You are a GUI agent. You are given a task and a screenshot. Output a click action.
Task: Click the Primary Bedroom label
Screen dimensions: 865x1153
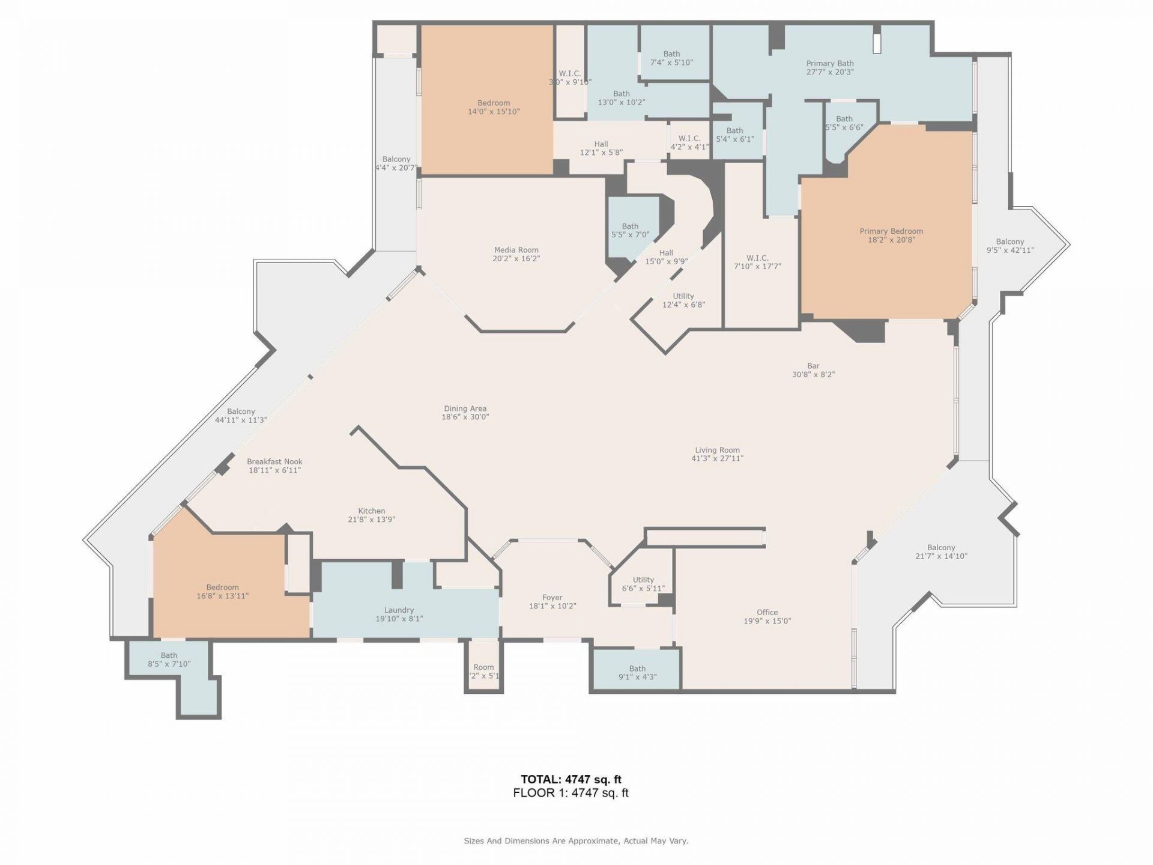tap(891, 231)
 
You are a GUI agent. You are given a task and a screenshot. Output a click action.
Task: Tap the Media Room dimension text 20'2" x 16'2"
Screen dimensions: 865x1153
tap(516, 259)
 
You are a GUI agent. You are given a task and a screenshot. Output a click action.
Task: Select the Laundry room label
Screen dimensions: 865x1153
tap(399, 610)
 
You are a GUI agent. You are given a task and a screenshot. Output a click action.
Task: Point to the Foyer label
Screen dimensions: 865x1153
tap(552, 598)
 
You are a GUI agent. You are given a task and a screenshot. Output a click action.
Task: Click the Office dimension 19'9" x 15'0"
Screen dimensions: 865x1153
tap(767, 621)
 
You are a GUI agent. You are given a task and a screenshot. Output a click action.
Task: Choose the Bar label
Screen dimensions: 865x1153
tap(813, 366)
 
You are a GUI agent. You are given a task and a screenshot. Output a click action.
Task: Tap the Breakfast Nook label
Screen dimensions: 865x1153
tap(274, 462)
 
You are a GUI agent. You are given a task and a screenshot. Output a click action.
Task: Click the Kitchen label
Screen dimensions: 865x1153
tap(371, 511)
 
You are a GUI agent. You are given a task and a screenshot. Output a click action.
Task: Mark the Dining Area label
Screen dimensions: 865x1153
tap(465, 409)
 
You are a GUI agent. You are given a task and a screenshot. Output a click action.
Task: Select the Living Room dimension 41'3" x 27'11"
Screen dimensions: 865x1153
tap(717, 458)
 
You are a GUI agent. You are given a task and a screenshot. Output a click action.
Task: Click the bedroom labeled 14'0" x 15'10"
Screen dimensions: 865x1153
tap(494, 107)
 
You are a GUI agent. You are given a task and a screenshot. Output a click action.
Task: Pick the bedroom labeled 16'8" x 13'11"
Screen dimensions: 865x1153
tap(222, 591)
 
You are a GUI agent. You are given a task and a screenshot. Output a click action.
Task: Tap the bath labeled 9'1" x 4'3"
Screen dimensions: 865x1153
tap(637, 672)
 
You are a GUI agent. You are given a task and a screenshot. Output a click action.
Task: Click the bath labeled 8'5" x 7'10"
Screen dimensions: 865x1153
tap(169, 660)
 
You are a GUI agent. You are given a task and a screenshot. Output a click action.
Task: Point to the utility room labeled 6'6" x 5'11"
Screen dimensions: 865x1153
tap(643, 584)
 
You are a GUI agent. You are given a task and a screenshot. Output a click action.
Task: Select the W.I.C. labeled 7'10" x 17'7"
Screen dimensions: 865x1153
tap(757, 262)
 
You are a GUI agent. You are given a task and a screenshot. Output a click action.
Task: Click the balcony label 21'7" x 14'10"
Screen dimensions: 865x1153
tap(940, 551)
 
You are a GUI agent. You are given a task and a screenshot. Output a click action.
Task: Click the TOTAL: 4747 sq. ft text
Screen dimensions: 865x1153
tap(570, 780)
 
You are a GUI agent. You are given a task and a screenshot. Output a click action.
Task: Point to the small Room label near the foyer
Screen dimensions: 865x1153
tap(483, 667)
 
